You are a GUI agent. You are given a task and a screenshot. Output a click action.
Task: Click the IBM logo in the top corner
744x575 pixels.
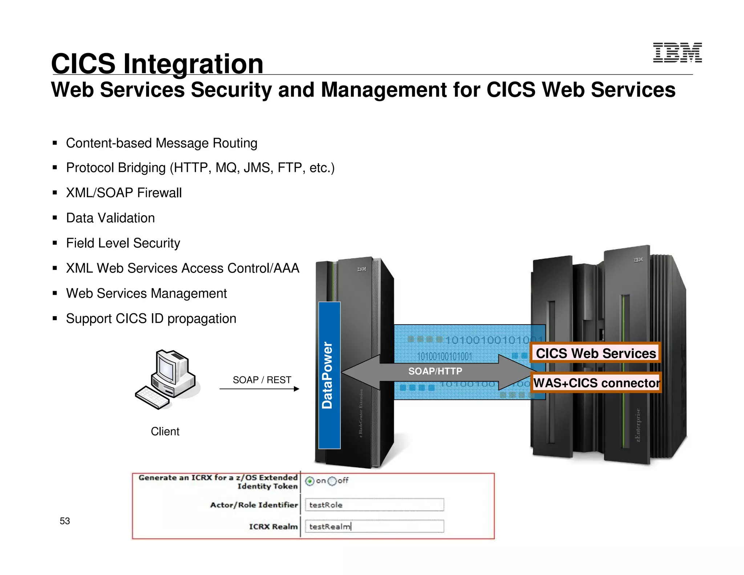click(677, 53)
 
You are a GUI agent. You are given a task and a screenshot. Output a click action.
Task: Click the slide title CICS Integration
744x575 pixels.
click(157, 64)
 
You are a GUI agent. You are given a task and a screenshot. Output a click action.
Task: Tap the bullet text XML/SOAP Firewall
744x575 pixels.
click(124, 193)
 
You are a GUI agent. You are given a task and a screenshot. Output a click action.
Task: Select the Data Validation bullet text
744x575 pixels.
click(110, 218)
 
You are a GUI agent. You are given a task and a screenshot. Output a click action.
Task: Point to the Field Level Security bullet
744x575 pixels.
click(123, 243)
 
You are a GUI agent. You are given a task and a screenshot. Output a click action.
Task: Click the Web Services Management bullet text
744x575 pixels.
click(146, 293)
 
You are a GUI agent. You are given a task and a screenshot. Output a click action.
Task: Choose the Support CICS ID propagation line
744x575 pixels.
click(151, 318)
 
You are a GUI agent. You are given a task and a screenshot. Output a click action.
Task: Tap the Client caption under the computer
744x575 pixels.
click(165, 431)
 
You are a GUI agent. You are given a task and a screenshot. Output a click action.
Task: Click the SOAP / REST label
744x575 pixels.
click(262, 380)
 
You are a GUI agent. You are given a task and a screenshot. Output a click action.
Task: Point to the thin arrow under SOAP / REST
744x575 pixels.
click(259, 389)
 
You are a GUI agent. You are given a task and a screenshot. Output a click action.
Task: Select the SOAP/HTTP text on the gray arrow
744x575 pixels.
click(435, 371)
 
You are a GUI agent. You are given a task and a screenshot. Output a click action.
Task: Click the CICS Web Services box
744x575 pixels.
click(596, 353)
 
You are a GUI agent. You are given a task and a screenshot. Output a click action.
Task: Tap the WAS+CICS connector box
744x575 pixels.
click(596, 383)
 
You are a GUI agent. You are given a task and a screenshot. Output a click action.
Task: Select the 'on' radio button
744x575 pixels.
click(310, 481)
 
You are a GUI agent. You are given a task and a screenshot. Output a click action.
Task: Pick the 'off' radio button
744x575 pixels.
click(332, 481)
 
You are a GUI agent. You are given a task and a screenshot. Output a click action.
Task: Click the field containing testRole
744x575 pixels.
click(374, 505)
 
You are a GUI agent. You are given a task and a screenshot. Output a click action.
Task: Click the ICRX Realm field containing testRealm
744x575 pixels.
click(374, 526)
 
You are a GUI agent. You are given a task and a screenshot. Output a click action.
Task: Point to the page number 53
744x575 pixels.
click(65, 521)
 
